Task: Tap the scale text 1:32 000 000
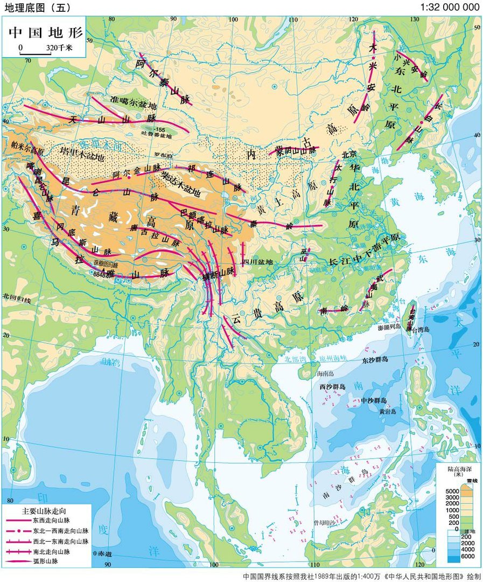450,7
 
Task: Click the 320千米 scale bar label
59,48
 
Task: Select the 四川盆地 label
258,262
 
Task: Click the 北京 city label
349,154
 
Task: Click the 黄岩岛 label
387,412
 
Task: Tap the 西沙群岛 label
333,386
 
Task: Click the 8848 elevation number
101,274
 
